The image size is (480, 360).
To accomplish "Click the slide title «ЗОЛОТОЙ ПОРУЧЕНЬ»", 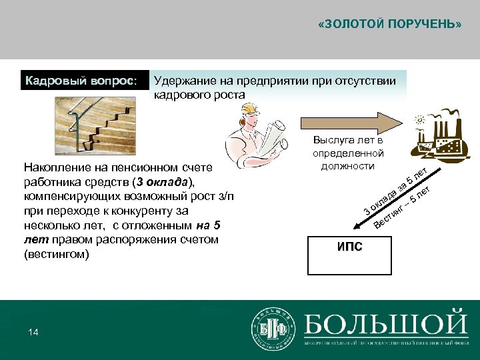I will (390, 25).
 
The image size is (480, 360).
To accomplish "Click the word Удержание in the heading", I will (180, 81).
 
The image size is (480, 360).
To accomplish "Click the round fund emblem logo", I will (272, 329).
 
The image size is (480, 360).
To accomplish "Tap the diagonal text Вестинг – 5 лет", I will (404, 207).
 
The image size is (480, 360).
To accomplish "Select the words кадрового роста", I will (199, 95).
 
